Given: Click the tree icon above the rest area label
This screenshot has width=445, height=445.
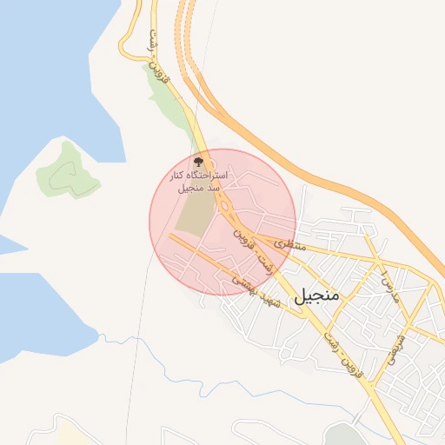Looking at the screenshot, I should [198, 162].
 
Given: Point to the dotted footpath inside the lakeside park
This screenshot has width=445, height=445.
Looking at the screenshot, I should [66, 175].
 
